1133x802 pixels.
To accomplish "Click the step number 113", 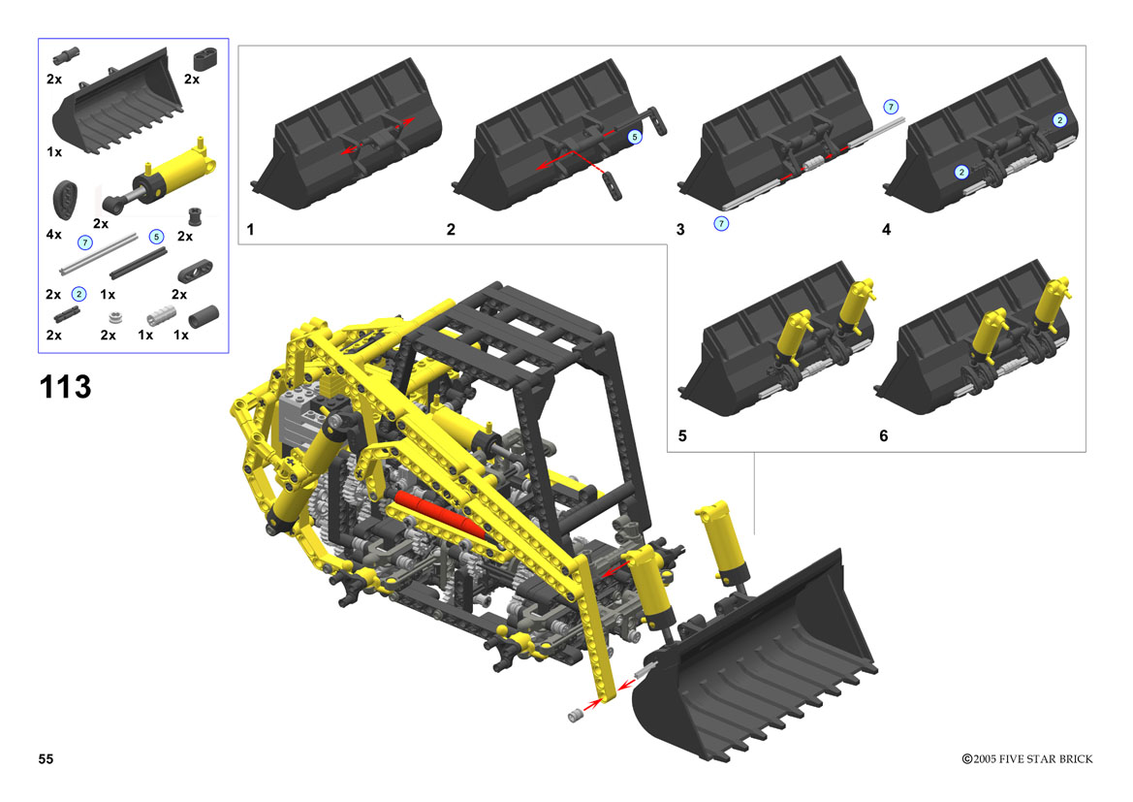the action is pyautogui.click(x=65, y=387).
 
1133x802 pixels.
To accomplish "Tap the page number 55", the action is pyautogui.click(x=46, y=758).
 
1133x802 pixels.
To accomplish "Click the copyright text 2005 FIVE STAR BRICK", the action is pyautogui.click(x=1032, y=758).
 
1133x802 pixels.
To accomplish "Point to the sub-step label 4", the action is pyautogui.click(x=887, y=229).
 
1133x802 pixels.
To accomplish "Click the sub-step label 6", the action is pyautogui.click(x=884, y=435).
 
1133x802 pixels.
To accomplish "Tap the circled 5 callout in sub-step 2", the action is pyautogui.click(x=635, y=137).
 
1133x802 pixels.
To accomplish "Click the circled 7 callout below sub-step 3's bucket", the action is pyautogui.click(x=721, y=223).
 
